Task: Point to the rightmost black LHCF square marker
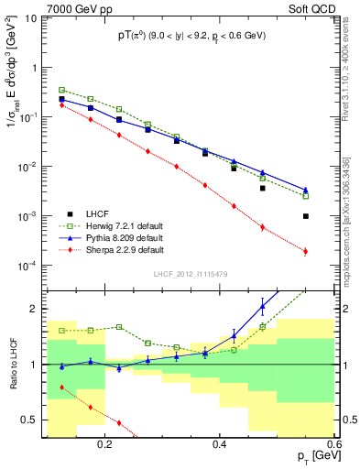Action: pyautogui.click(x=306, y=216)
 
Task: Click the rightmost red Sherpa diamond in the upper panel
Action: pyautogui.click(x=306, y=251)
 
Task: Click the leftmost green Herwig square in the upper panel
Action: pyautogui.click(x=61, y=91)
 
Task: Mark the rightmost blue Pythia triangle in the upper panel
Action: pyautogui.click(x=306, y=191)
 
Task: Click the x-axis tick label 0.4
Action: pyautogui.click(x=219, y=443)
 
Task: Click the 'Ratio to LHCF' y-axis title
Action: pyautogui.click(x=12, y=364)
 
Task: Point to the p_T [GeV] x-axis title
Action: pyautogui.click(x=311, y=457)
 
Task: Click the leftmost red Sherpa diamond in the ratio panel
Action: pyautogui.click(x=61, y=387)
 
